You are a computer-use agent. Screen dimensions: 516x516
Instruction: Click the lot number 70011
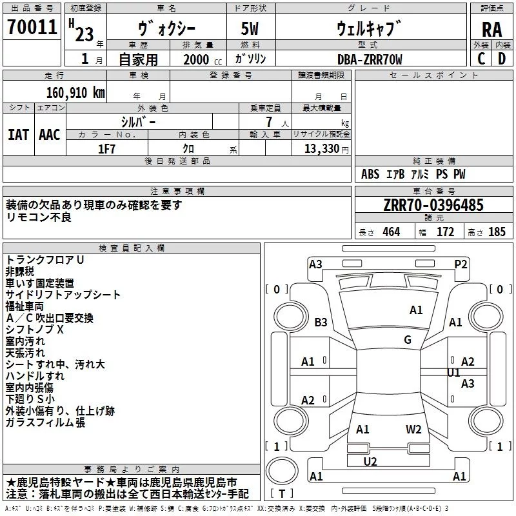point(32,27)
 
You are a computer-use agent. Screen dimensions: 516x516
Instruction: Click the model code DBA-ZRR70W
point(370,59)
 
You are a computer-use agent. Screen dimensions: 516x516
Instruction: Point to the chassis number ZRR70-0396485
point(433,206)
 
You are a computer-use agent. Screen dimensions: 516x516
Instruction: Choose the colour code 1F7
point(106,148)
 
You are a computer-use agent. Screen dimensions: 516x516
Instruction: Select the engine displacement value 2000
point(196,60)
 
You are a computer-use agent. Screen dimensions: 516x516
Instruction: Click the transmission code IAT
point(18,134)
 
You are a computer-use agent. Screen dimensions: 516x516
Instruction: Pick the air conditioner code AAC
point(50,134)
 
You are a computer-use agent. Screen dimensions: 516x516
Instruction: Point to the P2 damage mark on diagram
point(461,264)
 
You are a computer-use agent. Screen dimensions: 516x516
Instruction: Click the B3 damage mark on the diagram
point(321,322)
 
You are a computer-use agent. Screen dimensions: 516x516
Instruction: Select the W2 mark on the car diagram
point(413,429)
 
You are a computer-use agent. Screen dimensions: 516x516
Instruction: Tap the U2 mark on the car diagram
point(370,461)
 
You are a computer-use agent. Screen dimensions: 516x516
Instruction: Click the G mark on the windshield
point(408,340)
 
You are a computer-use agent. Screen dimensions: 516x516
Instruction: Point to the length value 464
point(391,232)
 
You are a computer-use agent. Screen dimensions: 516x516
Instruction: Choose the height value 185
point(497,232)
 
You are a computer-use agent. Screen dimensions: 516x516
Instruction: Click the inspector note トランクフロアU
point(45,259)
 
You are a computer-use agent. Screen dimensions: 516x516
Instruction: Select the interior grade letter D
point(502,59)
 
